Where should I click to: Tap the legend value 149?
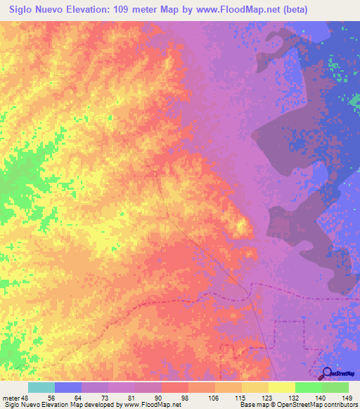pyautogui.click(x=347, y=397)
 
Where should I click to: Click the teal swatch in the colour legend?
pyautogui.click(x=41, y=387)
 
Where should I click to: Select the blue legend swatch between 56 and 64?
pyautogui.click(x=68, y=387)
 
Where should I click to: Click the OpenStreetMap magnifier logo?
pyautogui.click(x=328, y=375)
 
